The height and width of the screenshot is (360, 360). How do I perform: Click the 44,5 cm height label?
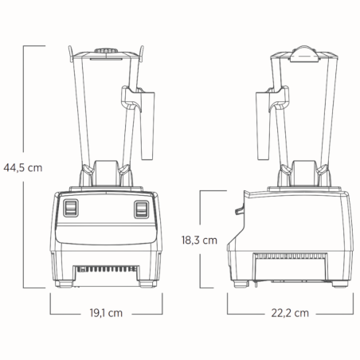[x=22, y=167]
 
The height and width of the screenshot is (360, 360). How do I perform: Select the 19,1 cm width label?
[x=106, y=313]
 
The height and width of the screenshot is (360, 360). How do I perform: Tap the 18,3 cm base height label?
[x=198, y=239]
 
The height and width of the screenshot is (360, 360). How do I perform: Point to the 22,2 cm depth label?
[x=289, y=313]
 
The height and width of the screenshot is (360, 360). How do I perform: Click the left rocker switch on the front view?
[x=72, y=209]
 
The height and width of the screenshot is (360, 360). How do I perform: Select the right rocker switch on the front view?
[x=142, y=209]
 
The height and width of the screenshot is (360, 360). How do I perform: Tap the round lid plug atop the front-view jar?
[x=105, y=53]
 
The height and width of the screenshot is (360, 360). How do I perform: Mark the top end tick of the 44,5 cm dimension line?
[x=32, y=46]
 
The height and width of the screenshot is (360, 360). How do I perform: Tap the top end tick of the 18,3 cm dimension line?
[x=210, y=190]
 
